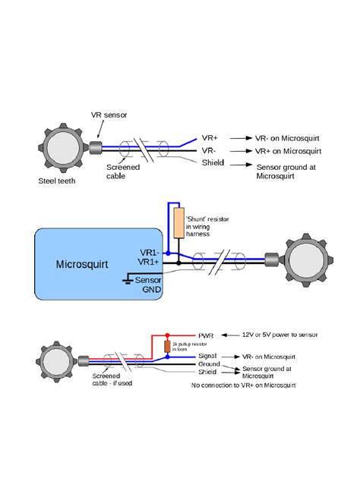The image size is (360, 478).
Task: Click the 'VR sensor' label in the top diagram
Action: pos(109,115)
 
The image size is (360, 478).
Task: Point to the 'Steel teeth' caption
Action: pos(56,181)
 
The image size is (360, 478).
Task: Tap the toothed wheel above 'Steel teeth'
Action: pos(61,147)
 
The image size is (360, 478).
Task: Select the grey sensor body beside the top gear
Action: pos(96,147)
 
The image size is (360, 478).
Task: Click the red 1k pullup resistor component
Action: pos(167,347)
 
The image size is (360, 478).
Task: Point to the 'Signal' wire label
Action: pos(208,355)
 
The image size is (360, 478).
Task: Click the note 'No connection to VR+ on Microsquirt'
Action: pos(243,385)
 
